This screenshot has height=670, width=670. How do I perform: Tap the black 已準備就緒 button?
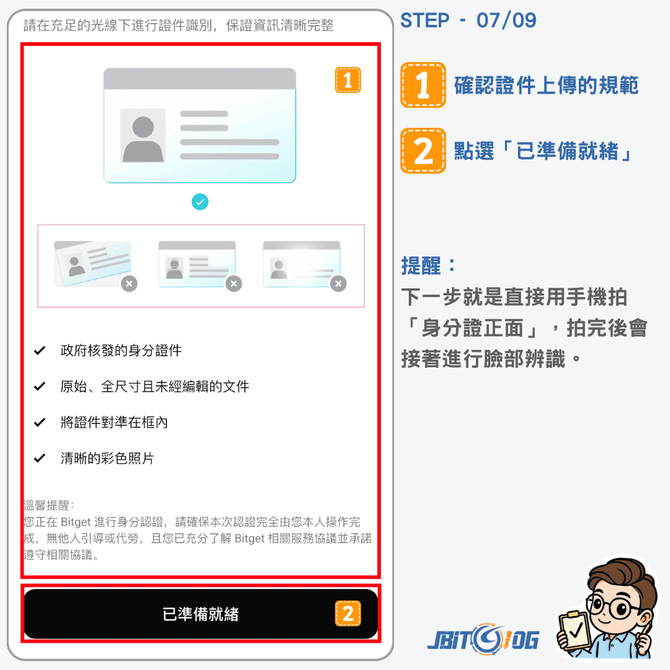pyautogui.click(x=200, y=614)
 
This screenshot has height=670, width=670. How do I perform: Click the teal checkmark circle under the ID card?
pyautogui.click(x=200, y=202)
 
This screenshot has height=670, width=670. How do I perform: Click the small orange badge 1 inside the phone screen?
pyautogui.click(x=348, y=80)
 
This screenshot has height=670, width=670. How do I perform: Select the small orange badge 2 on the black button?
pyautogui.click(x=348, y=614)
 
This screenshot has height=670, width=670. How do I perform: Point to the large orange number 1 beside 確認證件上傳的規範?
pyautogui.click(x=423, y=84)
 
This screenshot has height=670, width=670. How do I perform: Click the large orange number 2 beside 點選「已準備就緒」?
pyautogui.click(x=423, y=151)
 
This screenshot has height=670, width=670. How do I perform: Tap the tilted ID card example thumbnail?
pyautogui.click(x=92, y=264)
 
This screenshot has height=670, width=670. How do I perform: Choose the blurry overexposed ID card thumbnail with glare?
pyautogui.click(x=301, y=264)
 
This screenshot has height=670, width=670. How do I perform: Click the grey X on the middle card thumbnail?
pyautogui.click(x=234, y=284)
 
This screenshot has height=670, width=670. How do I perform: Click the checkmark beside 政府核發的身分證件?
pyautogui.click(x=40, y=351)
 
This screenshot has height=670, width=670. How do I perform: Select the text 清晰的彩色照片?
pyautogui.click(x=107, y=458)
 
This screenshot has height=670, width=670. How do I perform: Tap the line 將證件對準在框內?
pyautogui.click(x=114, y=422)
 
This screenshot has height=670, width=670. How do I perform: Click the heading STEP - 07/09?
pyautogui.click(x=468, y=20)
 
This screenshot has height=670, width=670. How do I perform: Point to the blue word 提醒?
pyautogui.click(x=421, y=266)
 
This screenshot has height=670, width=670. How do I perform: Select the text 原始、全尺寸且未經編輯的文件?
pyautogui.click(x=154, y=386)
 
